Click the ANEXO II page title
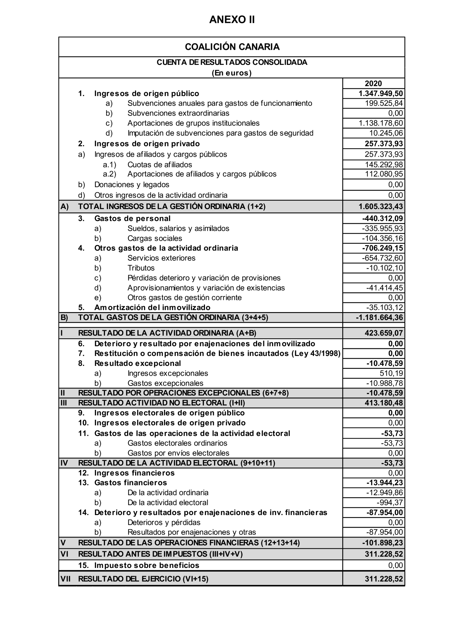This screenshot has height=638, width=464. point(232,20)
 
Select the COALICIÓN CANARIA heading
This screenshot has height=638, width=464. point(232,47)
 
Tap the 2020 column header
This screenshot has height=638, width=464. point(373,84)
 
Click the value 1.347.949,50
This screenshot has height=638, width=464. point(380,93)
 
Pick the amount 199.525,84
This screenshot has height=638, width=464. point(384,103)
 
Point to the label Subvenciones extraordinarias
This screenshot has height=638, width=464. point(178,113)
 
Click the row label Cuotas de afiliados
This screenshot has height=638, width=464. point(160,165)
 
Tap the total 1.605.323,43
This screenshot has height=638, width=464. point(380,206)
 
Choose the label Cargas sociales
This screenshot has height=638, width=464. point(155,238)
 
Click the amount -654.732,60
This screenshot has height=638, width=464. point(382,258)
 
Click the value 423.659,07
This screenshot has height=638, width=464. point(384,333)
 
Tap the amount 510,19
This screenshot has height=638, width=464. point(391,373)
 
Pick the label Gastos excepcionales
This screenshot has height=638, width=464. point(165,383)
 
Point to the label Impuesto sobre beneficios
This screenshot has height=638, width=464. point(146,565)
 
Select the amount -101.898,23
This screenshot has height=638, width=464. point(382,543)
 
